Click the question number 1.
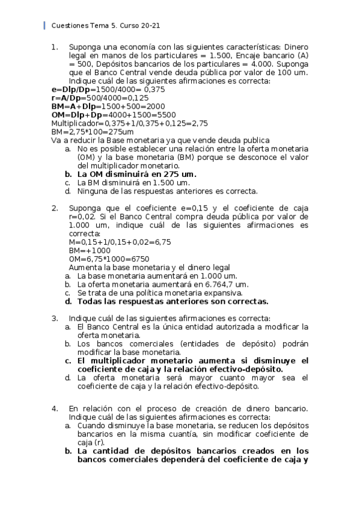tap(55, 46)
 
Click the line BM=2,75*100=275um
tap(92, 131)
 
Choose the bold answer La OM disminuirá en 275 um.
tap(136, 174)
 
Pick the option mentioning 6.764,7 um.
tap(162, 284)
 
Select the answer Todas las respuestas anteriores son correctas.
tap(172, 301)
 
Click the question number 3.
tap(55, 318)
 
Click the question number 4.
tap(55, 409)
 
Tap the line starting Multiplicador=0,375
tap(129, 123)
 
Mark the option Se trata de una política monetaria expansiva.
tap(162, 293)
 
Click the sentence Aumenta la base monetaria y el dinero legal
tap(150, 267)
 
